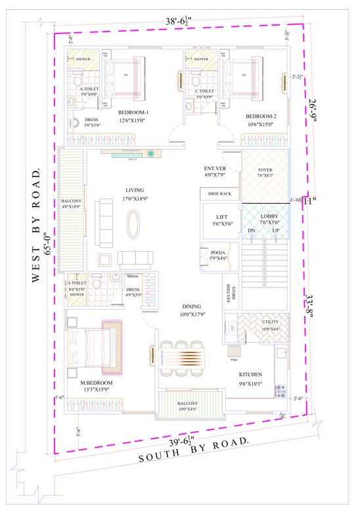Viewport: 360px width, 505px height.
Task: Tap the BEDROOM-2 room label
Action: pyautogui.click(x=261, y=116)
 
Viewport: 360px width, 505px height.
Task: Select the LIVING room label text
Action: pyautogui.click(x=133, y=190)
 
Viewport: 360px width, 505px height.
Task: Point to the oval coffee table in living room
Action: pyautogui.click(x=133, y=222)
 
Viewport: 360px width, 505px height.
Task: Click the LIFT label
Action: pyautogui.click(x=218, y=216)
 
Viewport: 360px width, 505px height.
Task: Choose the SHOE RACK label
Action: pyautogui.click(x=219, y=194)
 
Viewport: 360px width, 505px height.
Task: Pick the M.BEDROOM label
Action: pyautogui.click(x=97, y=382)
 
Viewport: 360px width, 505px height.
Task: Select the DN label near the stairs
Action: pyautogui.click(x=252, y=230)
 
